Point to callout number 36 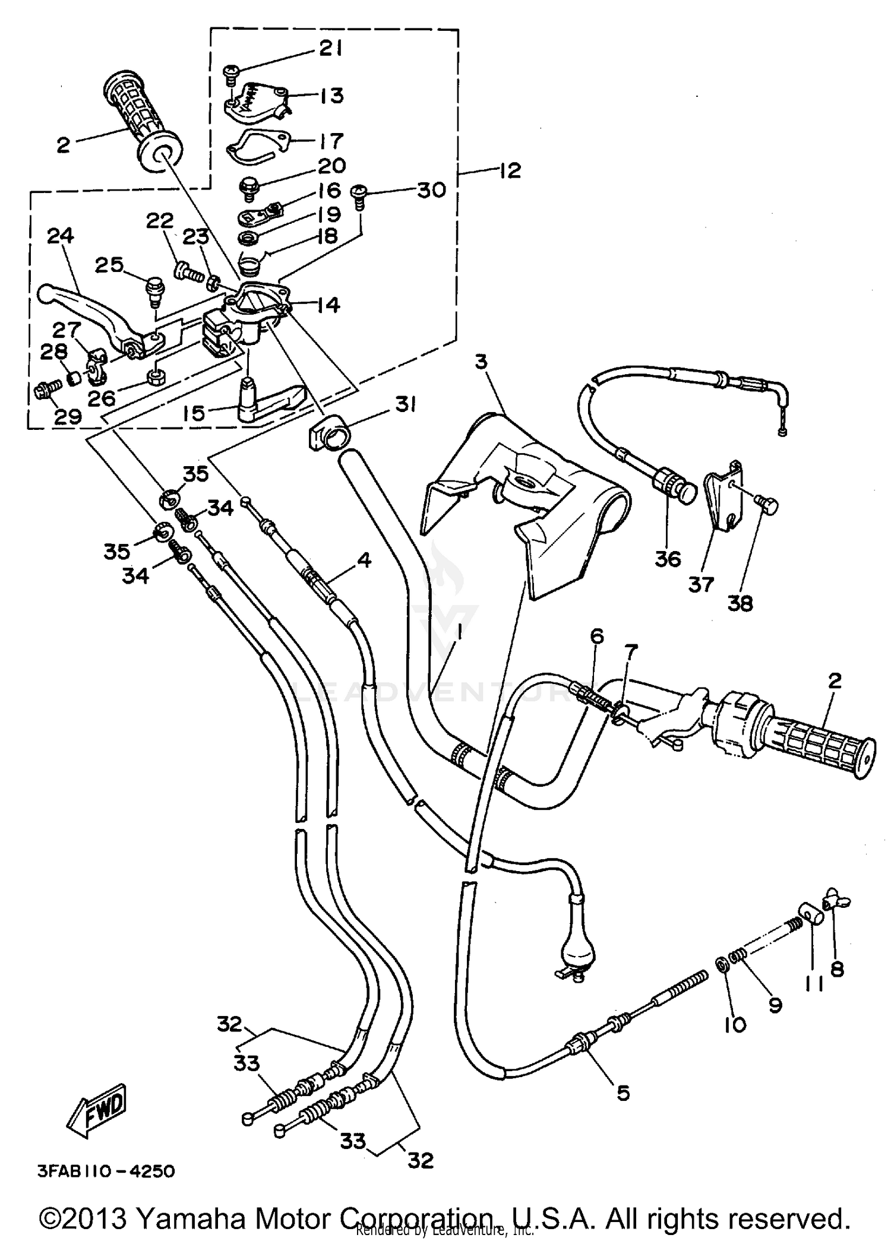tap(668, 559)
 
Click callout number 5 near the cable tap(622, 1093)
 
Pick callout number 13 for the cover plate tap(331, 95)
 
